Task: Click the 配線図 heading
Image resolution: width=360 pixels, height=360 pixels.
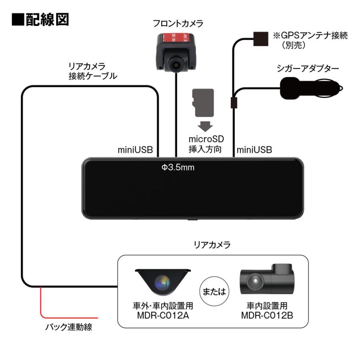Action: [40, 20]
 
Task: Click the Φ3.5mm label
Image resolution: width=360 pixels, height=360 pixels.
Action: [178, 167]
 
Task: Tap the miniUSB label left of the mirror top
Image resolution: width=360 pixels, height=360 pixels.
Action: [135, 150]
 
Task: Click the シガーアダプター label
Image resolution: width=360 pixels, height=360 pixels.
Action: [308, 69]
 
